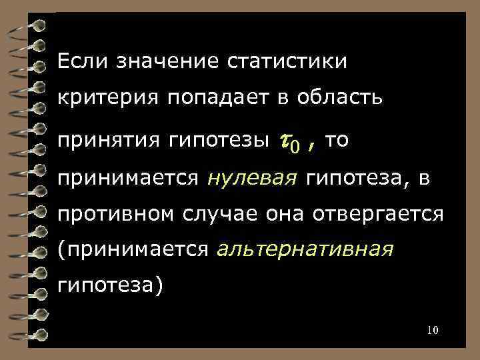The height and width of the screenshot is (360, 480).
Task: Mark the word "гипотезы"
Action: tap(217, 141)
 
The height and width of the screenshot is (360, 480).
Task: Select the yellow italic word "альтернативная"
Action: tap(305, 250)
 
